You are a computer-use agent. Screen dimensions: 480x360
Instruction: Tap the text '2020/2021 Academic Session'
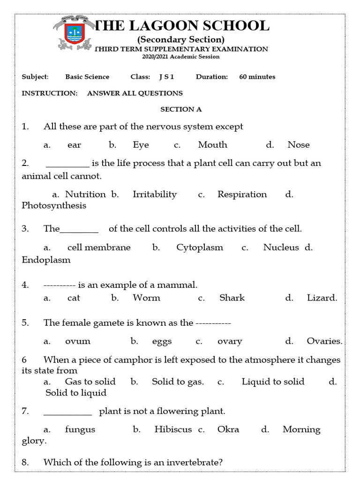tap(181, 57)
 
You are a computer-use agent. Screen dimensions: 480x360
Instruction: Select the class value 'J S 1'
tap(166, 77)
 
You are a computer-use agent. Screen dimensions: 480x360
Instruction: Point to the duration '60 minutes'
tap(257, 77)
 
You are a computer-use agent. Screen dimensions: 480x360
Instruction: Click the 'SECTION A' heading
tap(181, 109)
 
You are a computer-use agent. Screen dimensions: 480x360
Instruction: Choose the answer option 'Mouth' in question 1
tap(212, 145)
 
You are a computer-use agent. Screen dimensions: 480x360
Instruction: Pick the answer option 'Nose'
tap(299, 145)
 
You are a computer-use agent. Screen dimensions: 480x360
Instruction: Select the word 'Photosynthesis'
tap(54, 206)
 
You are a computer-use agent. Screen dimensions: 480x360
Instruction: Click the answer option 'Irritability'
tap(155, 194)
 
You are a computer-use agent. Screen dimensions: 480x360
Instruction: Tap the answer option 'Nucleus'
tap(281, 247)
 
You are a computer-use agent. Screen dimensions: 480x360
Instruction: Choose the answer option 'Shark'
tap(232, 298)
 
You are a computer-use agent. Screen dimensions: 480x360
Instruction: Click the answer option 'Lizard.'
tap(322, 298)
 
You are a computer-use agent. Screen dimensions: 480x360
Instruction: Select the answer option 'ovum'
tap(78, 341)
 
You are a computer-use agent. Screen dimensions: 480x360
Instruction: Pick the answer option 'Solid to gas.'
tap(178, 382)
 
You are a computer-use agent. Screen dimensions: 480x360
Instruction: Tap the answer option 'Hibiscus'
tap(173, 429)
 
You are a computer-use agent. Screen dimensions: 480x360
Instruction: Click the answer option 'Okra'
tap(228, 429)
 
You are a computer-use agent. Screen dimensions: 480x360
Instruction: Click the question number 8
tap(25, 463)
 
